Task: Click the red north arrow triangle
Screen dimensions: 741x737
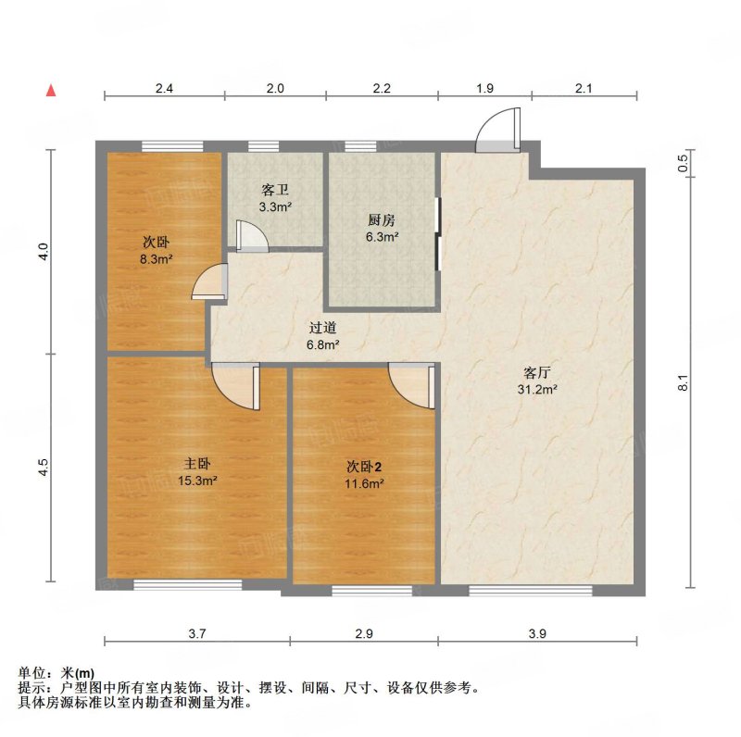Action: [51, 90]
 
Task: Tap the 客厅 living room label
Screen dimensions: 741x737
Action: [537, 373]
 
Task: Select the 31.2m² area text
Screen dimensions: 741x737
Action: [537, 390]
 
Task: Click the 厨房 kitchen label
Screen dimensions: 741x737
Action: [382, 219]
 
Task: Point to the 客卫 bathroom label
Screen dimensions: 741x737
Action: [275, 190]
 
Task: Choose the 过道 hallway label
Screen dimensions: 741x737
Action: [322, 328]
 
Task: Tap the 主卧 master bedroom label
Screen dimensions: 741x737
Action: [197, 464]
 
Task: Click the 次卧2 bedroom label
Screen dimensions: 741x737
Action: [364, 467]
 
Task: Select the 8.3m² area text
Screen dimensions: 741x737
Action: [156, 259]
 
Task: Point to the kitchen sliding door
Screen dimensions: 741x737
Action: [438, 234]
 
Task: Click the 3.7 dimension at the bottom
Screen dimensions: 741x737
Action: [197, 633]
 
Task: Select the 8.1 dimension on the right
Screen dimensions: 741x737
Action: [683, 382]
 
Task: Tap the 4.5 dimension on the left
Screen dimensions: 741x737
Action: [43, 468]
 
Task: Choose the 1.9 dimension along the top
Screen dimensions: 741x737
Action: [484, 88]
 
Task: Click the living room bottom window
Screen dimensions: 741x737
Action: [530, 590]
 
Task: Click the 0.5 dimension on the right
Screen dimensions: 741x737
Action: [683, 164]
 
